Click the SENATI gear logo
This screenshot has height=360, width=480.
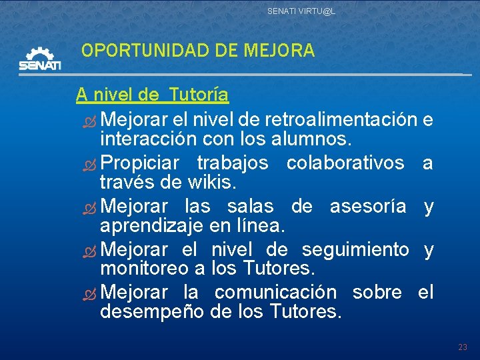tap(40, 59)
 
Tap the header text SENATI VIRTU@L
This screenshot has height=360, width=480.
tap(301, 11)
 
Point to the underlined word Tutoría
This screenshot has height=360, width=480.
tap(199, 95)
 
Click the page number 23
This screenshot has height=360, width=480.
tap(463, 347)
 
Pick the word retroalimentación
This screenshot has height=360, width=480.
tap(341, 120)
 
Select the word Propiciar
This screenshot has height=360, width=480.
tap(142, 163)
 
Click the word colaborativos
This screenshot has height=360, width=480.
tap(345, 163)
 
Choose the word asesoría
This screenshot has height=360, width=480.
tap(368, 207)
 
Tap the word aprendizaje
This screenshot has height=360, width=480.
tap(151, 227)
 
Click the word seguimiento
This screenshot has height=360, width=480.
tap(355, 250)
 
